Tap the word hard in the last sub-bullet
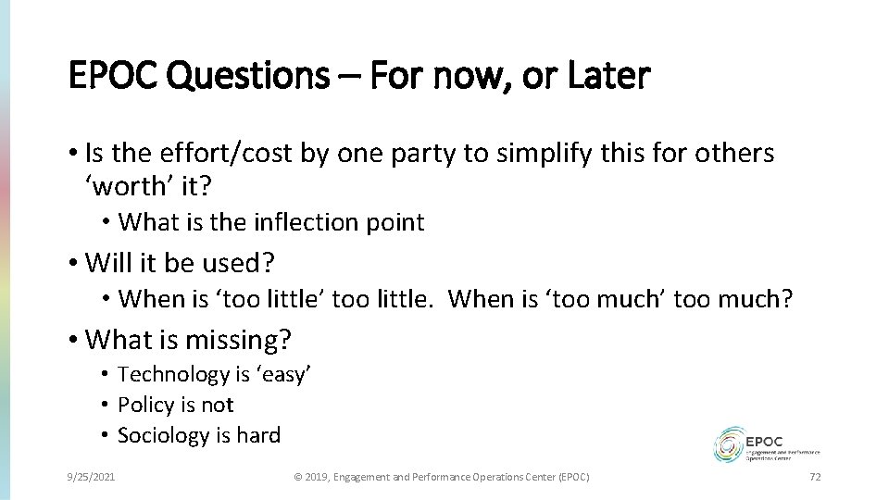[x=257, y=435]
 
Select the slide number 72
[x=816, y=476]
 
